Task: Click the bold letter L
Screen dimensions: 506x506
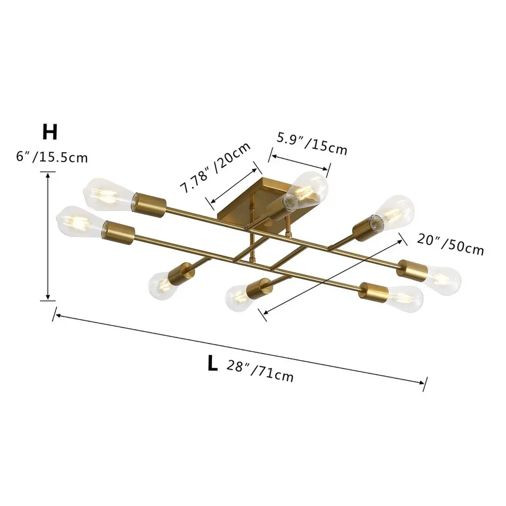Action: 212,363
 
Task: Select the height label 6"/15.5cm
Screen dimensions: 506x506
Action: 52,157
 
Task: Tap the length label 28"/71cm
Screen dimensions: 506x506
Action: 260,371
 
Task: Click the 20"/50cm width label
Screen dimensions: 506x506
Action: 451,244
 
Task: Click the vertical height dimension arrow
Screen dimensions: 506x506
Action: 48,236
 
